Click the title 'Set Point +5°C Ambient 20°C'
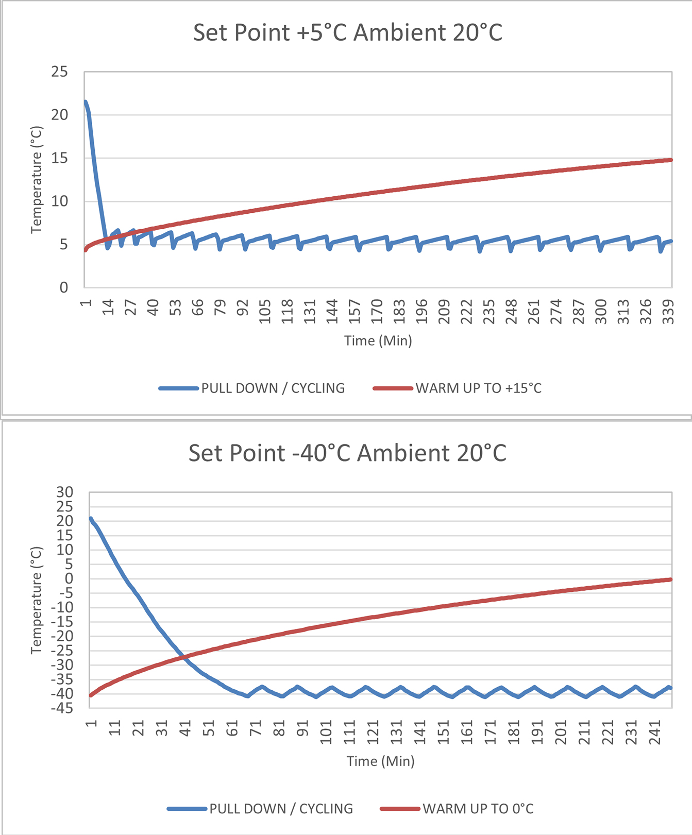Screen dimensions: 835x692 (348, 33)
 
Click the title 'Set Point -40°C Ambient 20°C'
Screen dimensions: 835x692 (348, 453)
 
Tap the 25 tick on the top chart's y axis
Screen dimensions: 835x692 (60, 72)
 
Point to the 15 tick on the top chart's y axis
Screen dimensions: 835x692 (60, 158)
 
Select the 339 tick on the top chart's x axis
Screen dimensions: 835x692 (668, 312)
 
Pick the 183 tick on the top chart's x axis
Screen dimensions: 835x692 (399, 312)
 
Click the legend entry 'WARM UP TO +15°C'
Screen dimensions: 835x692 (479, 388)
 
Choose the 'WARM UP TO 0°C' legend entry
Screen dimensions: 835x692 (478, 809)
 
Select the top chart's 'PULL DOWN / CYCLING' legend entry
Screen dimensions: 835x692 (273, 388)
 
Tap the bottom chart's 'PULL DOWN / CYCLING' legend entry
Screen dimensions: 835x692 (281, 809)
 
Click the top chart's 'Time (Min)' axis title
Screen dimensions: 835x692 (378, 340)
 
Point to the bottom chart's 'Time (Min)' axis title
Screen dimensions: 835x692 (380, 761)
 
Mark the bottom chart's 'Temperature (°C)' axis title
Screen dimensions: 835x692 (36, 601)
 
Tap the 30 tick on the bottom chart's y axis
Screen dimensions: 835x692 (65, 492)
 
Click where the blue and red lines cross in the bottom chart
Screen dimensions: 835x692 (183, 657)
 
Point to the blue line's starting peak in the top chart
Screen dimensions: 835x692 (85, 102)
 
